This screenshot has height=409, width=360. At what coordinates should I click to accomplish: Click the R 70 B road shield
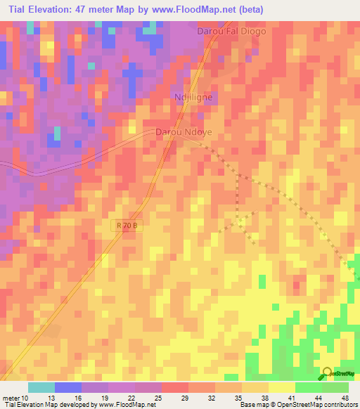tap(127, 226)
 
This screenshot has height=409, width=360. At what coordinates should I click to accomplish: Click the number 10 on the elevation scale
tap(26, 397)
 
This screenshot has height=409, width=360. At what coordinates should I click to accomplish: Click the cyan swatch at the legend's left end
tap(41, 387)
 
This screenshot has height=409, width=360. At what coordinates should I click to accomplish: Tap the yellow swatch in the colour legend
tap(281, 387)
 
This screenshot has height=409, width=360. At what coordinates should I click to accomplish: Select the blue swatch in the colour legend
tap(68, 387)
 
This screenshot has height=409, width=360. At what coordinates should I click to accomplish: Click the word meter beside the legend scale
tap(10, 397)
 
